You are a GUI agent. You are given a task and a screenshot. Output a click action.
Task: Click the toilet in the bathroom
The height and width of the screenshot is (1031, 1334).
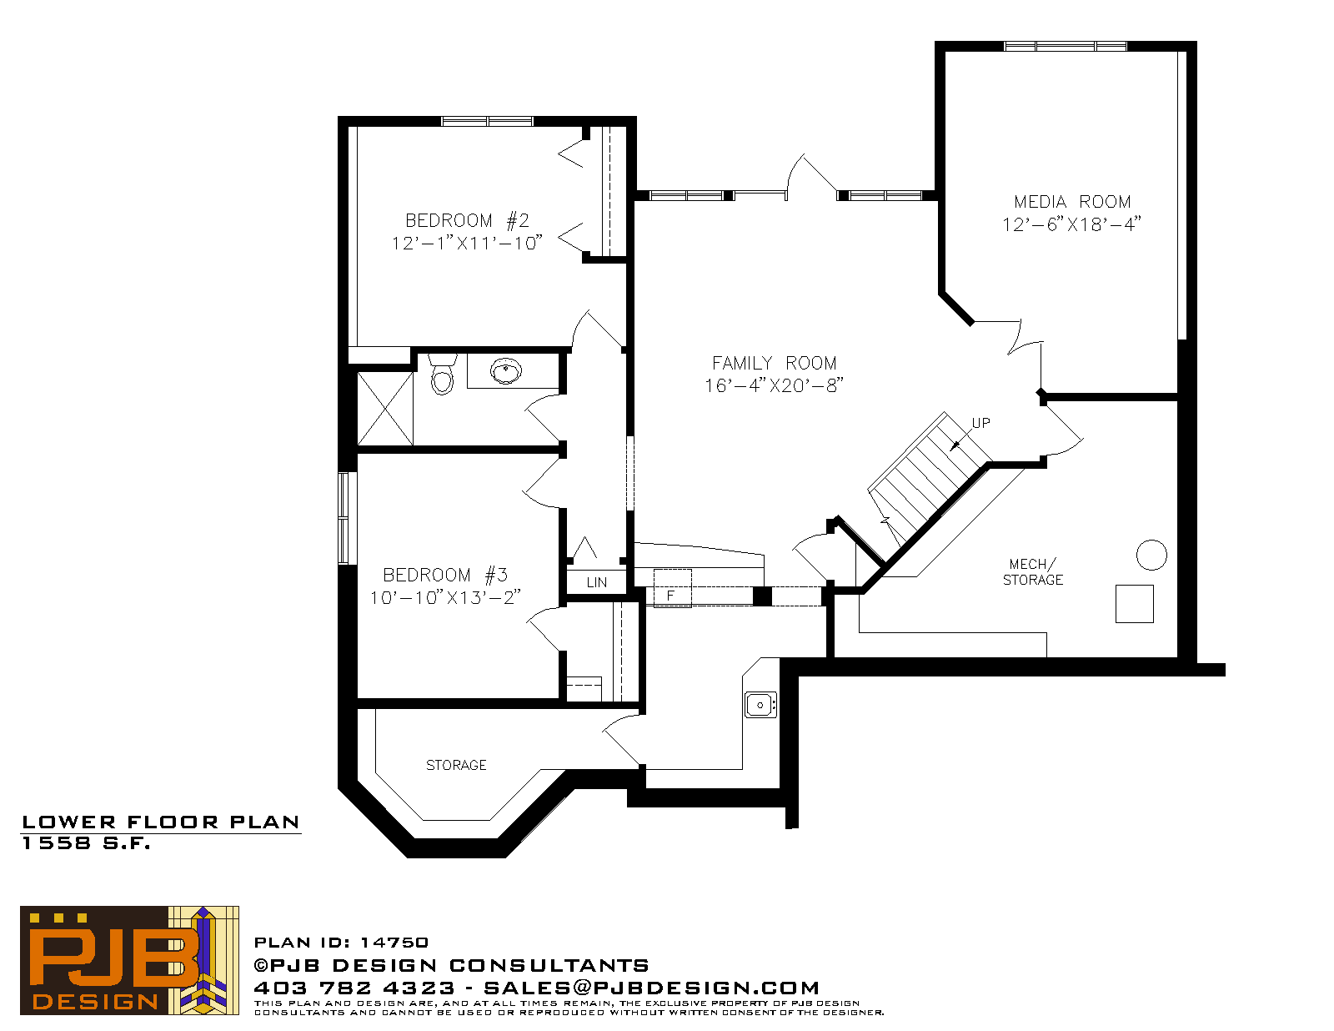(442, 374)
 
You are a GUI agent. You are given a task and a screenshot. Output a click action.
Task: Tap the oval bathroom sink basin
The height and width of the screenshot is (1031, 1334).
(506, 371)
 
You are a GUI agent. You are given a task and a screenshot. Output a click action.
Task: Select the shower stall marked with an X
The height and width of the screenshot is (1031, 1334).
(385, 409)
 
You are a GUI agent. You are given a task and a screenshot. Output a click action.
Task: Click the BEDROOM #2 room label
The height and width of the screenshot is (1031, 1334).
(467, 220)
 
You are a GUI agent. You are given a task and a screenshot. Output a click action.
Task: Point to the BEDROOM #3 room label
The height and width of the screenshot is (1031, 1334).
(445, 575)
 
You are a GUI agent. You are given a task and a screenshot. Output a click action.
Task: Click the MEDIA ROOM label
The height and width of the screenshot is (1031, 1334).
(1072, 201)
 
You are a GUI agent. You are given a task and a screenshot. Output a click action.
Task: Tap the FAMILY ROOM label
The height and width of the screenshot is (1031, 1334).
(774, 363)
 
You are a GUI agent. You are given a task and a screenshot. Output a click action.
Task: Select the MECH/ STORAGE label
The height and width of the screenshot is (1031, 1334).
(1032, 571)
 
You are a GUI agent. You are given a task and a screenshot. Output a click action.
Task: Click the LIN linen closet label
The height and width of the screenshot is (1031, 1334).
(597, 582)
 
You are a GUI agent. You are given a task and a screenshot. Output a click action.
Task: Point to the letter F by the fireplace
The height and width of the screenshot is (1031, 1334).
(670, 595)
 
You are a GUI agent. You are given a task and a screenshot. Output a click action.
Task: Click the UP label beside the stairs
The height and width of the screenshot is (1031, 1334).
(980, 423)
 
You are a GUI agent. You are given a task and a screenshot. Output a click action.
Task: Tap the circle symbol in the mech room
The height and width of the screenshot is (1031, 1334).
(1151, 555)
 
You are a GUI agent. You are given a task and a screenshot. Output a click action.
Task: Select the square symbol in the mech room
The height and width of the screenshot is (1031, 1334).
(1134, 604)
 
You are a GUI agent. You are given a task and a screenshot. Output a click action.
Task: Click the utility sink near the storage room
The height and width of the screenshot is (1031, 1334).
(760, 705)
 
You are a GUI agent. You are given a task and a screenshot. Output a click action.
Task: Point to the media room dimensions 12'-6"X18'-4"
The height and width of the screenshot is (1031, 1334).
(1071, 224)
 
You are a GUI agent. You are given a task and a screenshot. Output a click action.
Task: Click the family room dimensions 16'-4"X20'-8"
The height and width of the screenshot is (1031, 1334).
(774, 385)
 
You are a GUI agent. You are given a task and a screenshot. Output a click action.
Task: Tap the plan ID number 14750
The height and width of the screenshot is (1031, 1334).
(394, 943)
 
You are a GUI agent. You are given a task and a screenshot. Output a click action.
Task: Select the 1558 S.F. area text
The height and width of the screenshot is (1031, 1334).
(86, 843)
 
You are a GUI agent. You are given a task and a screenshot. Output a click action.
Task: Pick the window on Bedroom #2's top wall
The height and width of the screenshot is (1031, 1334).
(487, 121)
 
